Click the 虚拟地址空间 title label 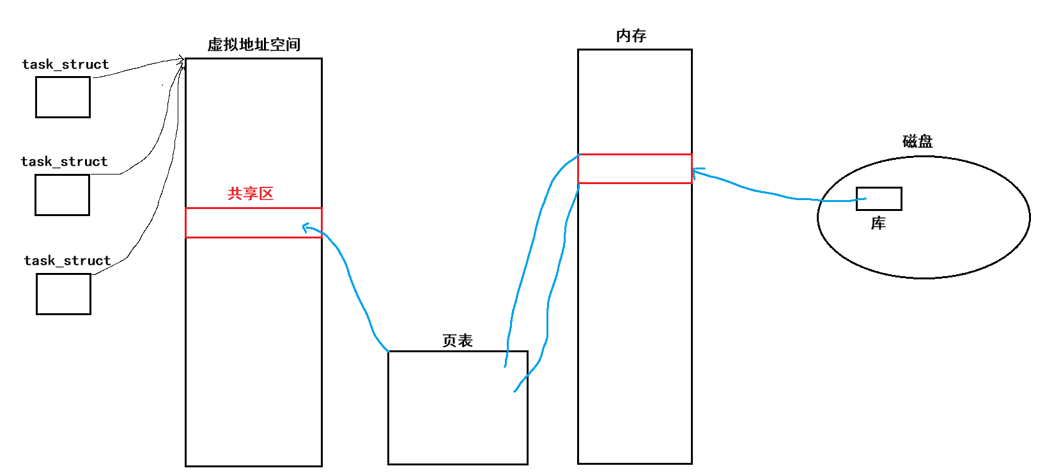click(x=254, y=45)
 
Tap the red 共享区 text click(x=251, y=194)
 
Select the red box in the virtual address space click(x=253, y=222)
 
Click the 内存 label click(x=631, y=36)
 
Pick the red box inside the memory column click(x=634, y=169)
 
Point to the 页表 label click(x=458, y=341)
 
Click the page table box click(x=458, y=408)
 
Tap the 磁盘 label click(x=917, y=141)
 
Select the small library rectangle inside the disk click(x=879, y=199)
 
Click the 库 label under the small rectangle click(x=878, y=223)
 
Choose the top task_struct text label click(x=65, y=65)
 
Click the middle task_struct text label click(x=64, y=162)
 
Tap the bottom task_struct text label click(x=67, y=261)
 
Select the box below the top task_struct click(x=63, y=97)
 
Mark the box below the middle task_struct click(x=62, y=195)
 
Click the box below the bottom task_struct click(x=63, y=294)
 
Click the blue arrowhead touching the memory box click(x=697, y=172)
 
